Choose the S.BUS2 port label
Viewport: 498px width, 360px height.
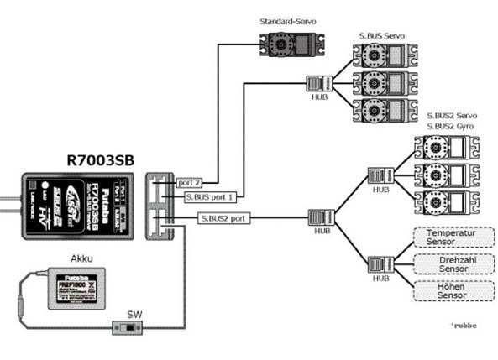coord(223,218)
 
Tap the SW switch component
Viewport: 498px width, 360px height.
coord(129,326)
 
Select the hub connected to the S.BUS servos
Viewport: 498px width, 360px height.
coord(317,83)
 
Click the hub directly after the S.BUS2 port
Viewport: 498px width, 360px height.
coord(323,217)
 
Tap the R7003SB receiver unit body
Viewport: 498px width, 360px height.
coord(76,202)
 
